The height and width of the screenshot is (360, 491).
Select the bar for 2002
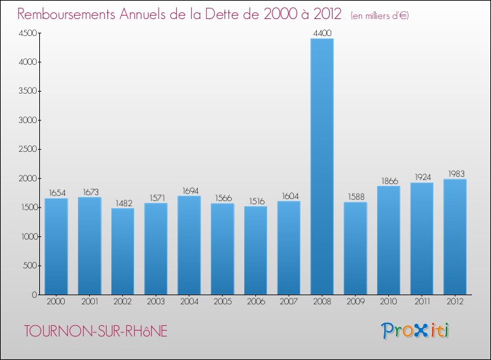(x=122, y=251)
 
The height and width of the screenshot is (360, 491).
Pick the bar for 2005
(x=223, y=249)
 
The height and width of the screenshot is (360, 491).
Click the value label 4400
(x=322, y=32)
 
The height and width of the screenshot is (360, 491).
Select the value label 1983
(x=455, y=173)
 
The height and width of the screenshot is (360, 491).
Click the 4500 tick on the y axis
(x=26, y=33)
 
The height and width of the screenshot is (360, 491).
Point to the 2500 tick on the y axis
(x=26, y=149)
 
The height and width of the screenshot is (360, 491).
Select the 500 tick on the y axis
(x=28, y=266)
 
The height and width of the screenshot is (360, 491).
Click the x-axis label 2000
(x=56, y=302)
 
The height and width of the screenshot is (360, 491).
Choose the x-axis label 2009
(x=355, y=302)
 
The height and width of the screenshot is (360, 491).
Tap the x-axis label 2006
(x=255, y=302)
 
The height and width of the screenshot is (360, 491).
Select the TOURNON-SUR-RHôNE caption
(x=96, y=332)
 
